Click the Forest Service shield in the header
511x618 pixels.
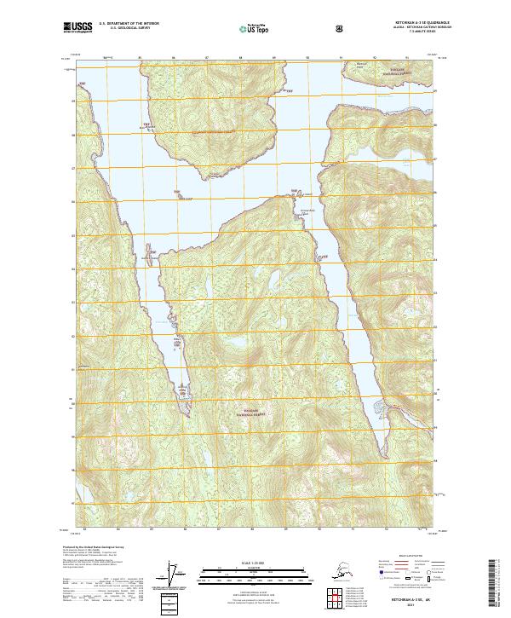coord(341,28)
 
